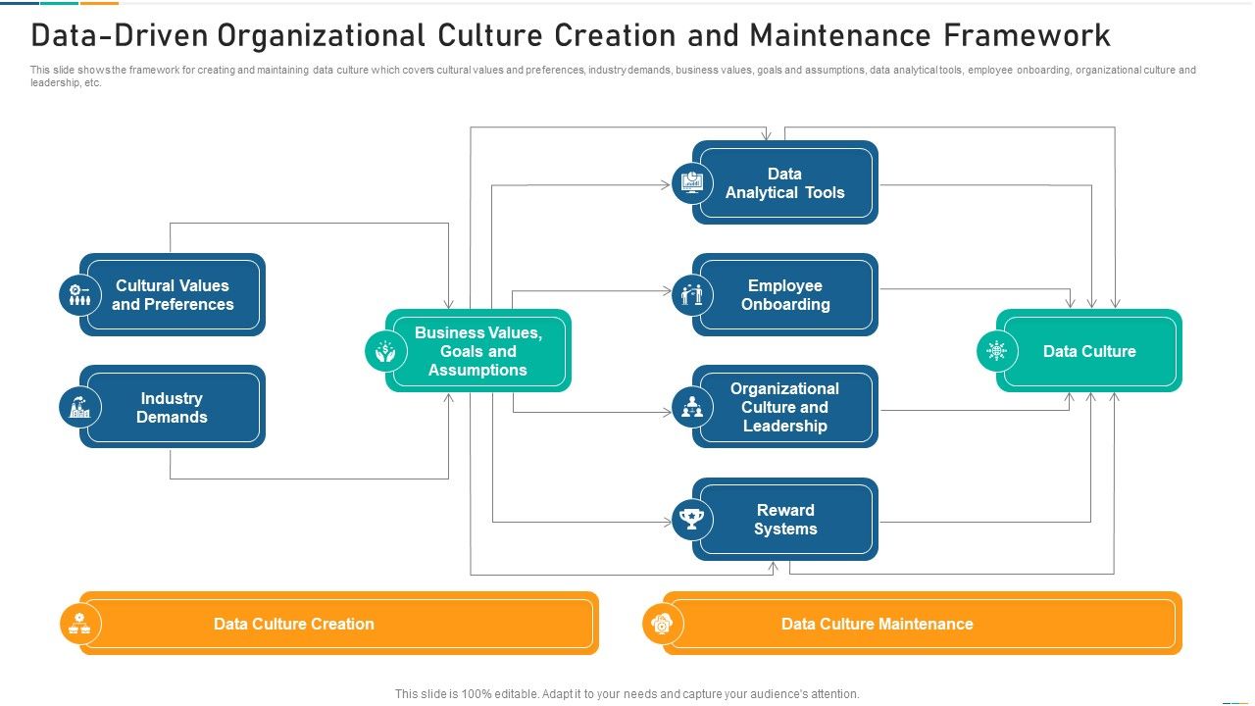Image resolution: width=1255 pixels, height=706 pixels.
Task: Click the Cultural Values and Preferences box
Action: [173, 295]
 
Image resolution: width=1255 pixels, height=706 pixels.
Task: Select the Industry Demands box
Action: [173, 407]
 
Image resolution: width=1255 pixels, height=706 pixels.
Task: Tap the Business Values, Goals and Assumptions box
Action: [478, 351]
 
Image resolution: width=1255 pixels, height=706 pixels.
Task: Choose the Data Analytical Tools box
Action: [785, 183]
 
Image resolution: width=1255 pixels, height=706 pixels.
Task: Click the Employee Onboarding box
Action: [785, 295]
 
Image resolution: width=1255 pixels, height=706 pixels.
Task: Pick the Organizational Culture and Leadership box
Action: [785, 407]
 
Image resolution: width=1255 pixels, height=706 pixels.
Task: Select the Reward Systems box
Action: [785, 520]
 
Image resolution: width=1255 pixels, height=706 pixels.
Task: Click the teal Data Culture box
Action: [1089, 351]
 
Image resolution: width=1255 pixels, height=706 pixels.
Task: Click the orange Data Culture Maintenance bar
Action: [922, 624]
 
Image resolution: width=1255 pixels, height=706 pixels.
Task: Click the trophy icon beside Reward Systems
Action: [692, 520]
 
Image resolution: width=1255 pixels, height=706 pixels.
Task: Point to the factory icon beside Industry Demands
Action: [79, 407]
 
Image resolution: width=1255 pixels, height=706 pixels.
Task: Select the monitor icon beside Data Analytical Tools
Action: [692, 183]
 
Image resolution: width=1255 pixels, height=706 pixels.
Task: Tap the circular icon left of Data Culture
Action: [997, 351]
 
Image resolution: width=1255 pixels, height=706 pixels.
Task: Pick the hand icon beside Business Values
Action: [385, 351]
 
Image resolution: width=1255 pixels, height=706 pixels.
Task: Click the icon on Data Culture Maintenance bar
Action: [663, 624]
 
